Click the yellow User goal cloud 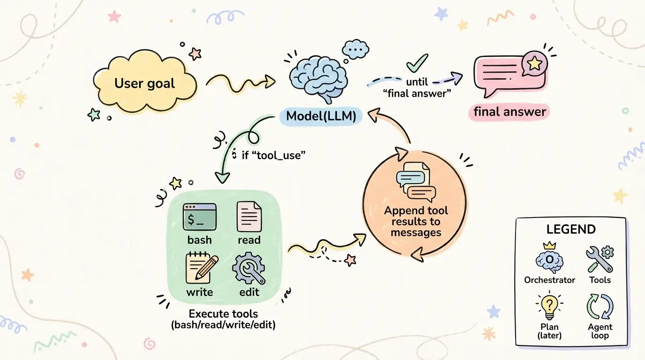pyautogui.click(x=144, y=84)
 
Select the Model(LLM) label pyautogui.click(x=321, y=116)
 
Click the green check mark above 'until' pyautogui.click(x=417, y=62)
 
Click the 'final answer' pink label pyautogui.click(x=510, y=112)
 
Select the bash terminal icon pyautogui.click(x=199, y=217)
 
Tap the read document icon pyautogui.click(x=249, y=217)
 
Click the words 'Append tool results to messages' pyautogui.click(x=416, y=221)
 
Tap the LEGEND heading pyautogui.click(x=570, y=230)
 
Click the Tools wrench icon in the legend pyautogui.click(x=600, y=259)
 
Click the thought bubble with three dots pyautogui.click(x=356, y=48)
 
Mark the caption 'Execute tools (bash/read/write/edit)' pyautogui.click(x=223, y=319)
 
